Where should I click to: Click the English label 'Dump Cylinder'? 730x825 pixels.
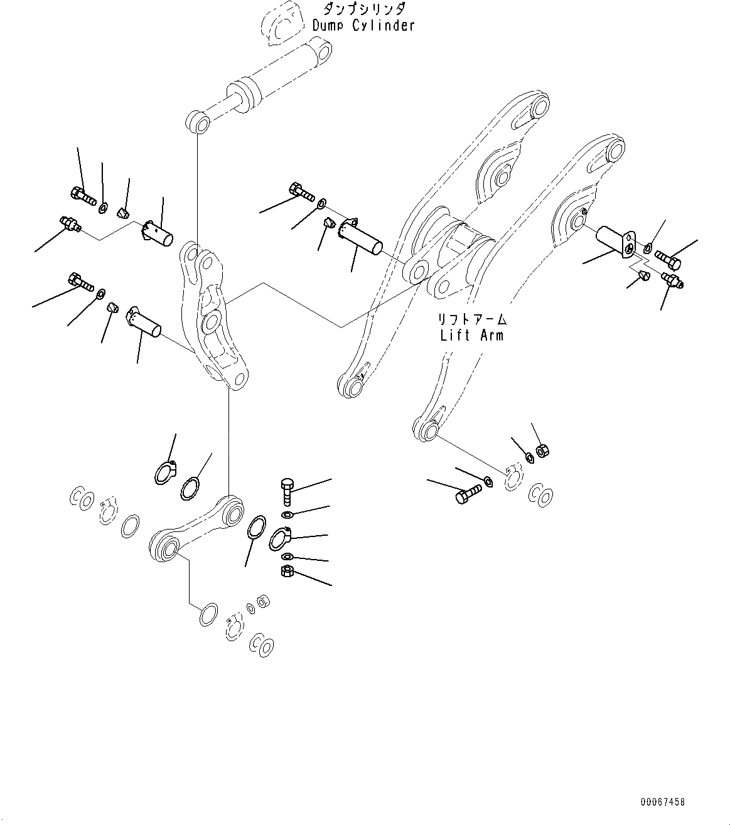pos(363,26)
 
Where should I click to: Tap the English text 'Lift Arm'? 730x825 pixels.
pos(471,335)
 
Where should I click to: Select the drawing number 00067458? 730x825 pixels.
pos(663,802)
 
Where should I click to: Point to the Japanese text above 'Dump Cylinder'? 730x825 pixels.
pos(364,9)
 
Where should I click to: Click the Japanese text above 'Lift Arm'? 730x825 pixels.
pos(471,319)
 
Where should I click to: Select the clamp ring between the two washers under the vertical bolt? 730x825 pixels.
pos(280,538)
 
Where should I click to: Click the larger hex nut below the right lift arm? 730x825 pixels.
pos(544,450)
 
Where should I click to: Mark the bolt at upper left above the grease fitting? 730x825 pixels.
pos(80,195)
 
